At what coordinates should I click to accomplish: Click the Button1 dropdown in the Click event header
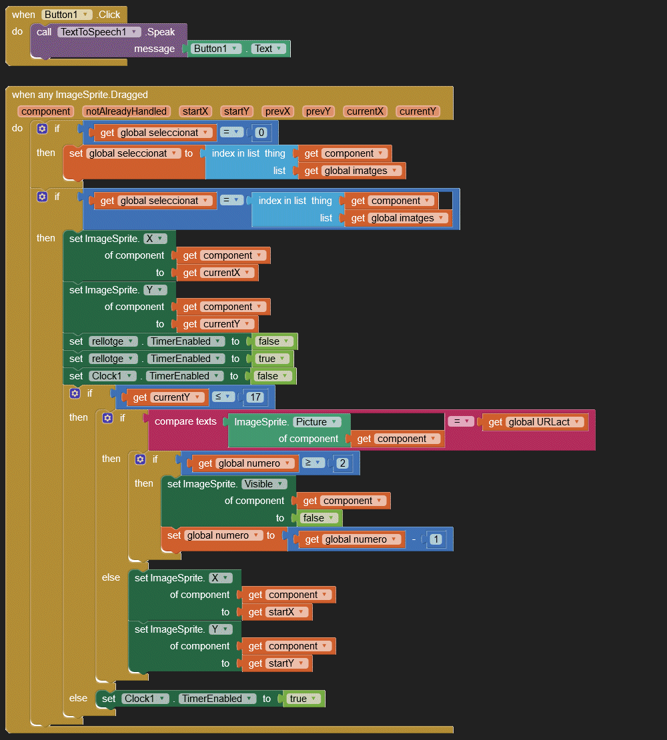pyautogui.click(x=67, y=14)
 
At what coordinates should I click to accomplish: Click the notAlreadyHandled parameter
pyautogui.click(x=126, y=111)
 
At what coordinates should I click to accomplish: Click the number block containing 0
pyautogui.click(x=261, y=133)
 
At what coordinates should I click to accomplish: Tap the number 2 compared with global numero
pyautogui.click(x=342, y=463)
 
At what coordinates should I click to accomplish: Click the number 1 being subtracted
pyautogui.click(x=436, y=539)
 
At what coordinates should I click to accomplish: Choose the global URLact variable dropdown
pyautogui.click(x=545, y=421)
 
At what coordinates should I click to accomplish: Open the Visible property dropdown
pyautogui.click(x=264, y=484)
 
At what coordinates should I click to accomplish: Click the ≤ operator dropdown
pyautogui.click(x=223, y=397)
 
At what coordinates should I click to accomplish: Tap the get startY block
pyautogui.click(x=276, y=663)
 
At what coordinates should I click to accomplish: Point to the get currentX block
pyautogui.click(x=216, y=273)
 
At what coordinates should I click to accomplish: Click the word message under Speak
pyautogui.click(x=154, y=49)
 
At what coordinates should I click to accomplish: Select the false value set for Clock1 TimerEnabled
pyautogui.click(x=272, y=376)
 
